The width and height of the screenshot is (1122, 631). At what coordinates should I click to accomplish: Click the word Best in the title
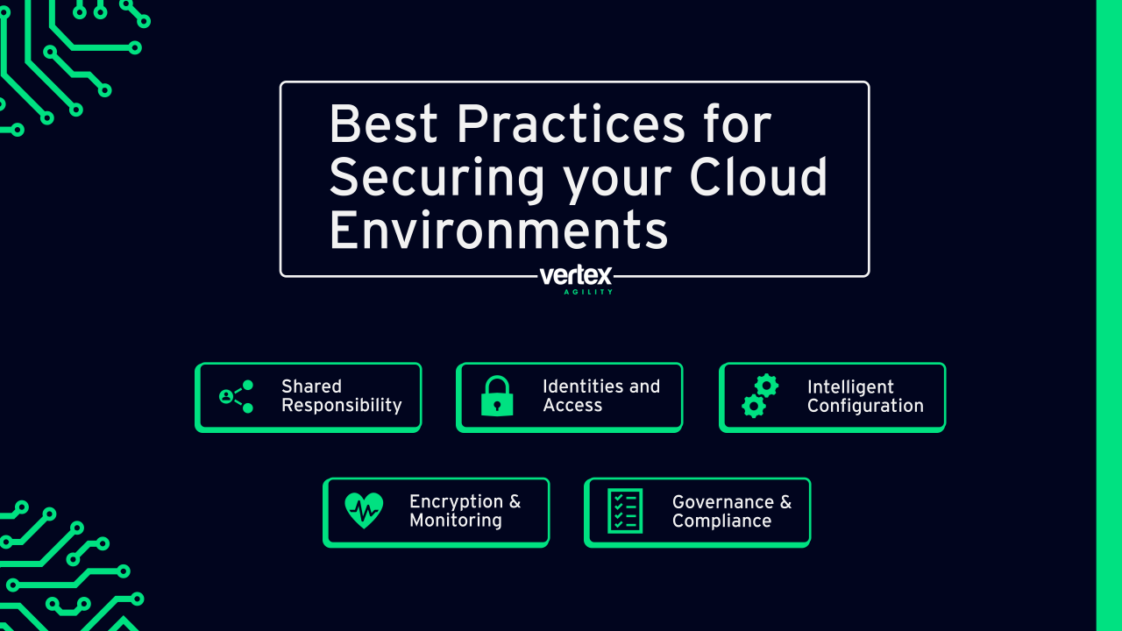point(384,124)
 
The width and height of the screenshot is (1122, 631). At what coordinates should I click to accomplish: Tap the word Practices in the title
point(571,124)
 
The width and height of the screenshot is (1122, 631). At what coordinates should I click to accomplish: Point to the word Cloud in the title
point(758,176)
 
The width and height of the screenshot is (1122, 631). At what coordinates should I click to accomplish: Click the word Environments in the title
point(499,230)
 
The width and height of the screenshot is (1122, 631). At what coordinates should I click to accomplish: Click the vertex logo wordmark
point(576,275)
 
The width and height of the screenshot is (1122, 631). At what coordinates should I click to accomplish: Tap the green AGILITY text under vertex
point(588,292)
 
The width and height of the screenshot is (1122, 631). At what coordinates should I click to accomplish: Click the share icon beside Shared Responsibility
point(237,397)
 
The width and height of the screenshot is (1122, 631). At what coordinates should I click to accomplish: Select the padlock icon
point(497,396)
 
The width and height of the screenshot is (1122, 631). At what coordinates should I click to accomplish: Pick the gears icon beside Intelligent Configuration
point(760,396)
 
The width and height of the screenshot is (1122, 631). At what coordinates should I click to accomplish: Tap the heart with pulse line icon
point(364,510)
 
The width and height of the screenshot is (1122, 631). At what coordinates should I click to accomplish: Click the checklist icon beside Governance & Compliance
point(625,511)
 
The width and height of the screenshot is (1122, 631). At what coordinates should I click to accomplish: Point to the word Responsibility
point(342,406)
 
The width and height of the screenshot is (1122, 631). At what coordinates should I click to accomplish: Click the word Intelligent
point(850,387)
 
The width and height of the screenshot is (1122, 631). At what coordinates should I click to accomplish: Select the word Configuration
point(865,406)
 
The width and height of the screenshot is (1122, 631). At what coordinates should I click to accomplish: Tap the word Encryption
point(457,502)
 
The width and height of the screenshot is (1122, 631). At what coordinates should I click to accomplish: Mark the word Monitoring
point(456,521)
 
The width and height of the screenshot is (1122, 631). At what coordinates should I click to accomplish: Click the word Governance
point(723,502)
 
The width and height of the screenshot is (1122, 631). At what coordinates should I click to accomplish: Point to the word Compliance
point(721,521)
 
